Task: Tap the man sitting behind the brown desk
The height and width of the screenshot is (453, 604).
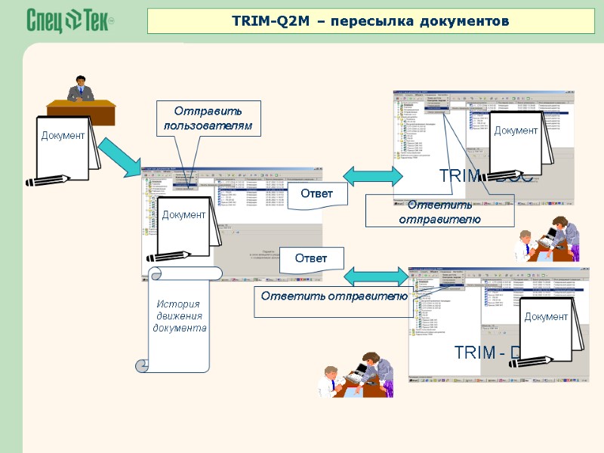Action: point(81,89)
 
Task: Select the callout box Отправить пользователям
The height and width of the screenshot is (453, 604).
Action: point(208,119)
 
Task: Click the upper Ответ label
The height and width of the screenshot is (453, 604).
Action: point(317,194)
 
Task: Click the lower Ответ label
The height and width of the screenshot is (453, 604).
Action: point(311,258)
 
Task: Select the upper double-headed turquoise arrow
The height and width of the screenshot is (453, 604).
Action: point(373,175)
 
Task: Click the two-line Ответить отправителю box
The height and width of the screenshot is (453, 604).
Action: point(439,211)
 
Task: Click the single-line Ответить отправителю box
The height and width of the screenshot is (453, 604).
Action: point(334,295)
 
